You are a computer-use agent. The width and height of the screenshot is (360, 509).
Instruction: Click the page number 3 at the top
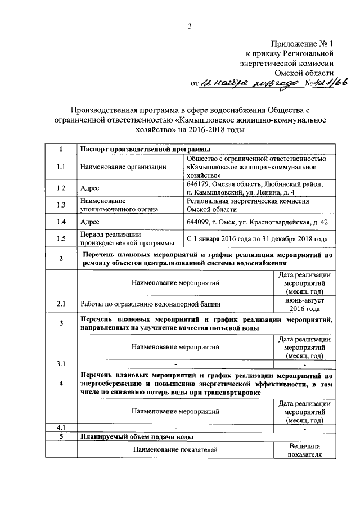pos(190,26)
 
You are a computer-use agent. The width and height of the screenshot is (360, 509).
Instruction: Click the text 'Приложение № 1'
pos(303,43)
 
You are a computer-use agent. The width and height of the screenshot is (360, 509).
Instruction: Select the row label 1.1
pos(61,166)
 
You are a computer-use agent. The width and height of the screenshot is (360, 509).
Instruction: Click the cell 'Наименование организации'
pos(123,166)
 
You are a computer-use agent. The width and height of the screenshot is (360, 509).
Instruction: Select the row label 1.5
pos(61,239)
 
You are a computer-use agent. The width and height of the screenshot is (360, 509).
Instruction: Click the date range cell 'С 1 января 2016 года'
pos(257,239)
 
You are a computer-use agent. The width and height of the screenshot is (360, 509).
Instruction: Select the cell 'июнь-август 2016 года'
pos(304,304)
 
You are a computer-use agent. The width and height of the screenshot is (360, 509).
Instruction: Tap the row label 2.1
pos(61,304)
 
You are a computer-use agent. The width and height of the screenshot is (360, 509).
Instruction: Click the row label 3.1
pos(61,364)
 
